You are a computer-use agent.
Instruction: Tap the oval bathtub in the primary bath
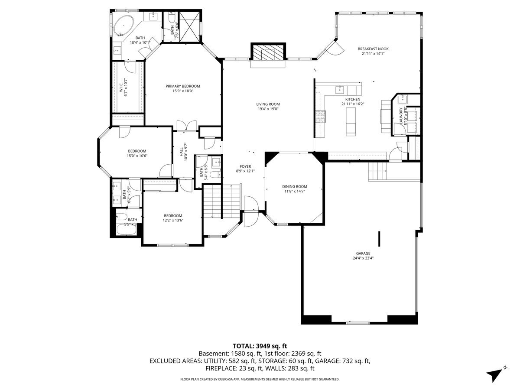123,26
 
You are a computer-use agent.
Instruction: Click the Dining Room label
295,187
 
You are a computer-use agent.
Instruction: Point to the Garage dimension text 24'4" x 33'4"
363,258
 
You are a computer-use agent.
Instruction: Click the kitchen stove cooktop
321,116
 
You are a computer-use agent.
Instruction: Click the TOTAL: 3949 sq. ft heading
260,346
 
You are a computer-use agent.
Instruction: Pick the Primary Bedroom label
182,86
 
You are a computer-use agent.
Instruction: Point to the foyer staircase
221,201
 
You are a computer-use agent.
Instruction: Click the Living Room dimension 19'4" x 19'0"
268,109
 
